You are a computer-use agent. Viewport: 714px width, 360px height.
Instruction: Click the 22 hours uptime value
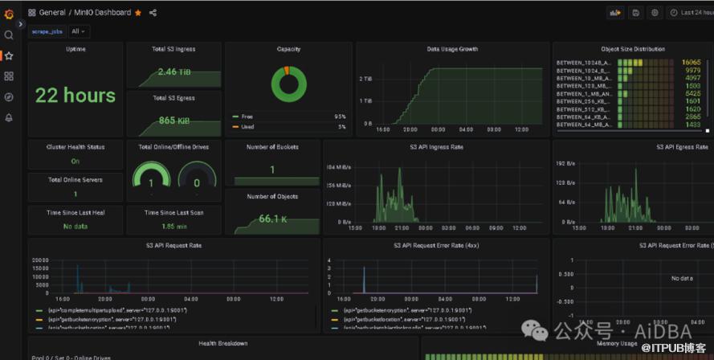click(x=75, y=96)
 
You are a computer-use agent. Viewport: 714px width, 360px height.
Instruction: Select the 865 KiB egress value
click(x=173, y=121)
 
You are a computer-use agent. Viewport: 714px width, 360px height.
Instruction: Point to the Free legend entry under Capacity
click(x=247, y=117)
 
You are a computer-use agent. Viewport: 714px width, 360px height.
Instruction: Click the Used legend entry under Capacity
click(x=247, y=127)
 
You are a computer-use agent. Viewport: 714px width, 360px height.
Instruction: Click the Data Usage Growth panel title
click(x=452, y=49)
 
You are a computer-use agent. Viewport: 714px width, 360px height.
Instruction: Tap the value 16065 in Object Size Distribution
click(x=691, y=62)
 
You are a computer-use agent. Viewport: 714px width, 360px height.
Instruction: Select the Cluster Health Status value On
click(x=75, y=161)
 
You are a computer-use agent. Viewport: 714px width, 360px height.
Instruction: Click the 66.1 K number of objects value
click(x=273, y=219)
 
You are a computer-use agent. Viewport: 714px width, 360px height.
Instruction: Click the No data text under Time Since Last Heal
click(x=75, y=227)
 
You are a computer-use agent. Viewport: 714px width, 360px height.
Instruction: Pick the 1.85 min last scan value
click(x=174, y=227)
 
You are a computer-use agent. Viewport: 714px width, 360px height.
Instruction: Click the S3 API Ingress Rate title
click(x=436, y=147)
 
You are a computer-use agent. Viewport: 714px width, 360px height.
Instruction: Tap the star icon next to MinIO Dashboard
click(x=138, y=13)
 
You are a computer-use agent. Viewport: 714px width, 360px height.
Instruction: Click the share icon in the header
click(x=153, y=13)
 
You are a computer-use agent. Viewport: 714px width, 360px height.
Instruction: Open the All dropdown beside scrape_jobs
click(x=79, y=31)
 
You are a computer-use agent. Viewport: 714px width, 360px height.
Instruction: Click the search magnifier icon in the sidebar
click(x=9, y=35)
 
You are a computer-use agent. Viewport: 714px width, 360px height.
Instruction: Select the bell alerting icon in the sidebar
click(x=9, y=117)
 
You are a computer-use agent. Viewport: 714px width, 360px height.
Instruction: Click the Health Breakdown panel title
click(x=222, y=344)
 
